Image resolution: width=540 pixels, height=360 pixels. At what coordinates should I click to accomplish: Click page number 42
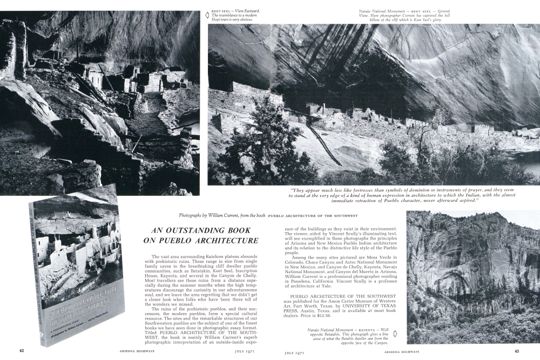[x=22, y=351]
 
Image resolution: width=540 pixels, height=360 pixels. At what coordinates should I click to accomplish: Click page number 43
[x=517, y=351]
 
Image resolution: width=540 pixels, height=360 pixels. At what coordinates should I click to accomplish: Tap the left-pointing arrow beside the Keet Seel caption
[x=206, y=15]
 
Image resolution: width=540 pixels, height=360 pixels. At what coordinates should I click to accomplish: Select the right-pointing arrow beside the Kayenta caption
[x=395, y=333]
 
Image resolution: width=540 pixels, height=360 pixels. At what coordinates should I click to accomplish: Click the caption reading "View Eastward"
[x=248, y=10]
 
